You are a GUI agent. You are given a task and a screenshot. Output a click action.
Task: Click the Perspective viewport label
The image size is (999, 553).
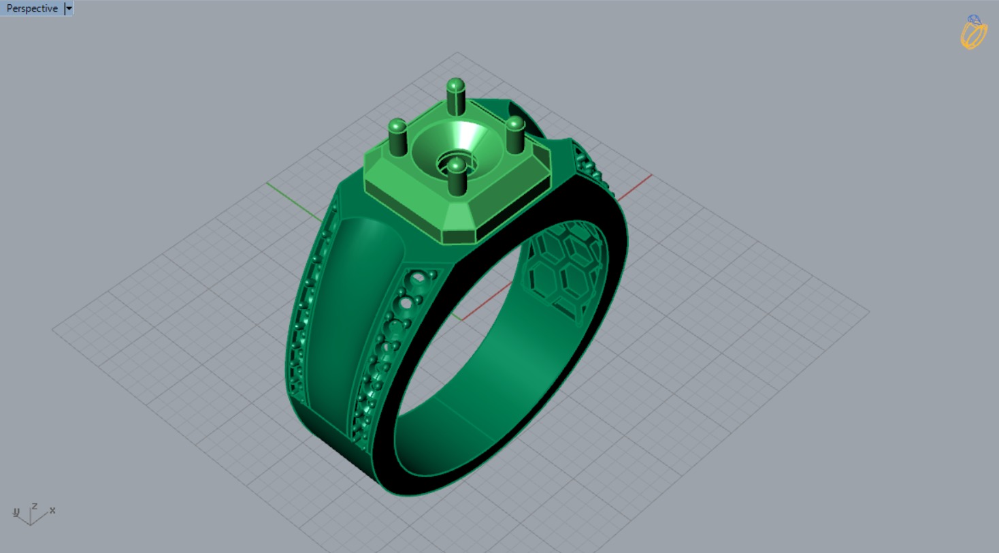coord(31,8)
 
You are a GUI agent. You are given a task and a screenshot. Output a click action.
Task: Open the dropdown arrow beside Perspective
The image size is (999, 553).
coord(69,8)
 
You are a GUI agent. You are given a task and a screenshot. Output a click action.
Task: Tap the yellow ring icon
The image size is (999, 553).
coord(974,32)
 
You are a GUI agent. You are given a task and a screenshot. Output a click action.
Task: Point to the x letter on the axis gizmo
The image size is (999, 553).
coord(52,510)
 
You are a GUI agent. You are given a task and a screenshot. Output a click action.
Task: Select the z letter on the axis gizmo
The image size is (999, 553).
coord(34,506)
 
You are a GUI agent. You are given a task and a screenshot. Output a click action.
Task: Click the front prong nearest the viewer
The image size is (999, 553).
coord(456,176)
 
